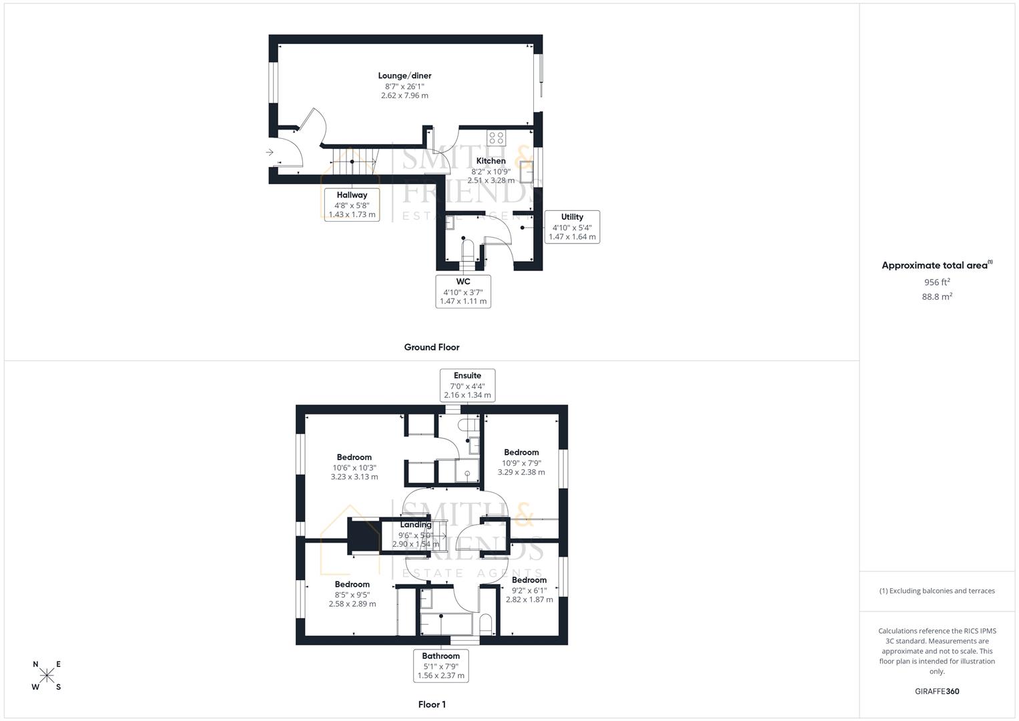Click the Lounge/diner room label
404,76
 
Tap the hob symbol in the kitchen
496,138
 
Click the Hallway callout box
352,204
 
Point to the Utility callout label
572,226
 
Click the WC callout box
463,291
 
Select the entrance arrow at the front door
270,152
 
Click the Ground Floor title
431,347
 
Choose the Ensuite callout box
467,385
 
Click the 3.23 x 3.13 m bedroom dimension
354,477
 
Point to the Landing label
415,525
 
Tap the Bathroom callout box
440,665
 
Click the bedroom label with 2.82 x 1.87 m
529,580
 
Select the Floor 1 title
431,704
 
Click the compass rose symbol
47,676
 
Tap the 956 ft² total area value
936,282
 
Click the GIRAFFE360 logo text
936,692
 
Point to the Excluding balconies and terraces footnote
936,591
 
